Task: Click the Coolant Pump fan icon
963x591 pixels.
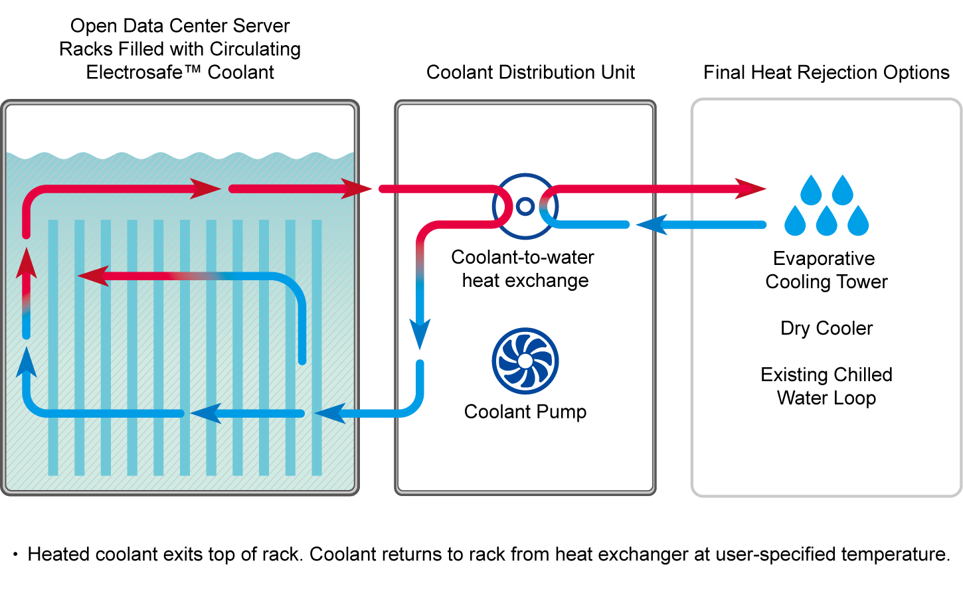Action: pos(525,361)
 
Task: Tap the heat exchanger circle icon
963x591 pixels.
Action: pos(525,206)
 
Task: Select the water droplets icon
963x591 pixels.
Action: pos(826,205)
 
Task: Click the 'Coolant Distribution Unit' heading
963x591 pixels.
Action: pos(530,72)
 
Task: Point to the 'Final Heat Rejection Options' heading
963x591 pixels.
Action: pos(826,72)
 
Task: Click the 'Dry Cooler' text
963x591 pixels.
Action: pos(826,328)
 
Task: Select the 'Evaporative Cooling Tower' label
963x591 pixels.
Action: pos(826,270)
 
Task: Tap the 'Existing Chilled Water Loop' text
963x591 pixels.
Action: pos(826,386)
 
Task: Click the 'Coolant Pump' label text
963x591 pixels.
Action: pos(525,412)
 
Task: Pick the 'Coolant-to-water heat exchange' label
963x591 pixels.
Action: pos(523,268)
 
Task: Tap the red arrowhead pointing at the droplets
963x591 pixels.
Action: pos(750,189)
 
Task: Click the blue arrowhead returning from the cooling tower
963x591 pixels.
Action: pos(652,224)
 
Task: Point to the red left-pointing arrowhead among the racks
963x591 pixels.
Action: pos(94,276)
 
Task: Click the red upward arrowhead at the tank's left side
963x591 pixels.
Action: pos(27,264)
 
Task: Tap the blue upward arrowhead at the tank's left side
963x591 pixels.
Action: pos(27,362)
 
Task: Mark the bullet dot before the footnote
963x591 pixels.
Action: pos(15,554)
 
